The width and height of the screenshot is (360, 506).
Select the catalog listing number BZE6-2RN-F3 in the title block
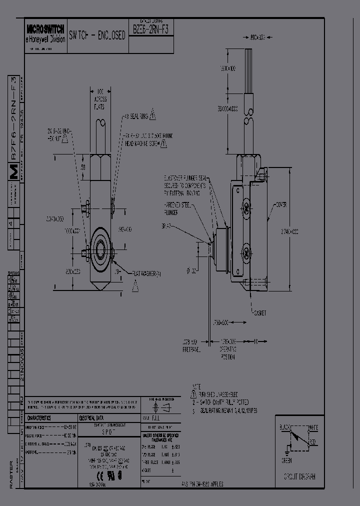pyautogui.click(x=151, y=29)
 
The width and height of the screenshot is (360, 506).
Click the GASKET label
pyautogui.click(x=259, y=313)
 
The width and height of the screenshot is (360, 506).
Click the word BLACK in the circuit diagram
pyautogui.click(x=284, y=428)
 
